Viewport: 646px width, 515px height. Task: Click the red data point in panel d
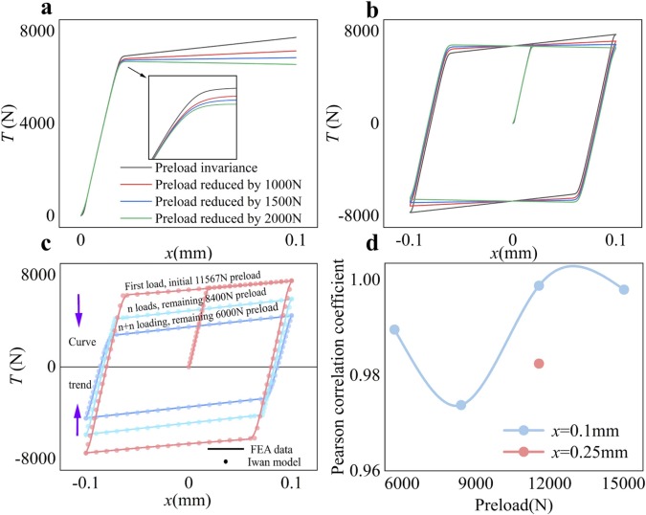pyautogui.click(x=539, y=364)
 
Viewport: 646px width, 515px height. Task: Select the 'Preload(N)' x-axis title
pyautogui.click(x=511, y=504)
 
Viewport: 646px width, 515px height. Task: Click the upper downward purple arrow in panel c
pyautogui.click(x=79, y=308)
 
